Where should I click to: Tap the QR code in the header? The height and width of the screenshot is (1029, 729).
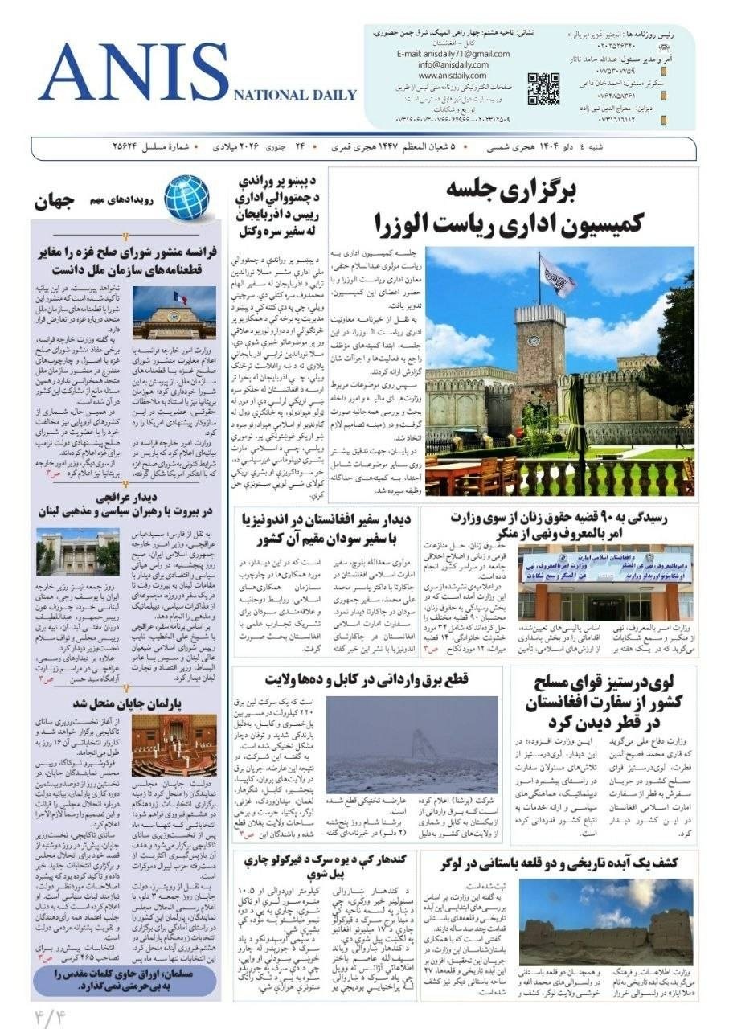click(543, 88)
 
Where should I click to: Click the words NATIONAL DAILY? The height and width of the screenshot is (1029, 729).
click(295, 95)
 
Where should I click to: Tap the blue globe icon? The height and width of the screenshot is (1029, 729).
click(186, 198)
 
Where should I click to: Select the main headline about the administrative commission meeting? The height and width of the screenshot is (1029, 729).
click(555, 207)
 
